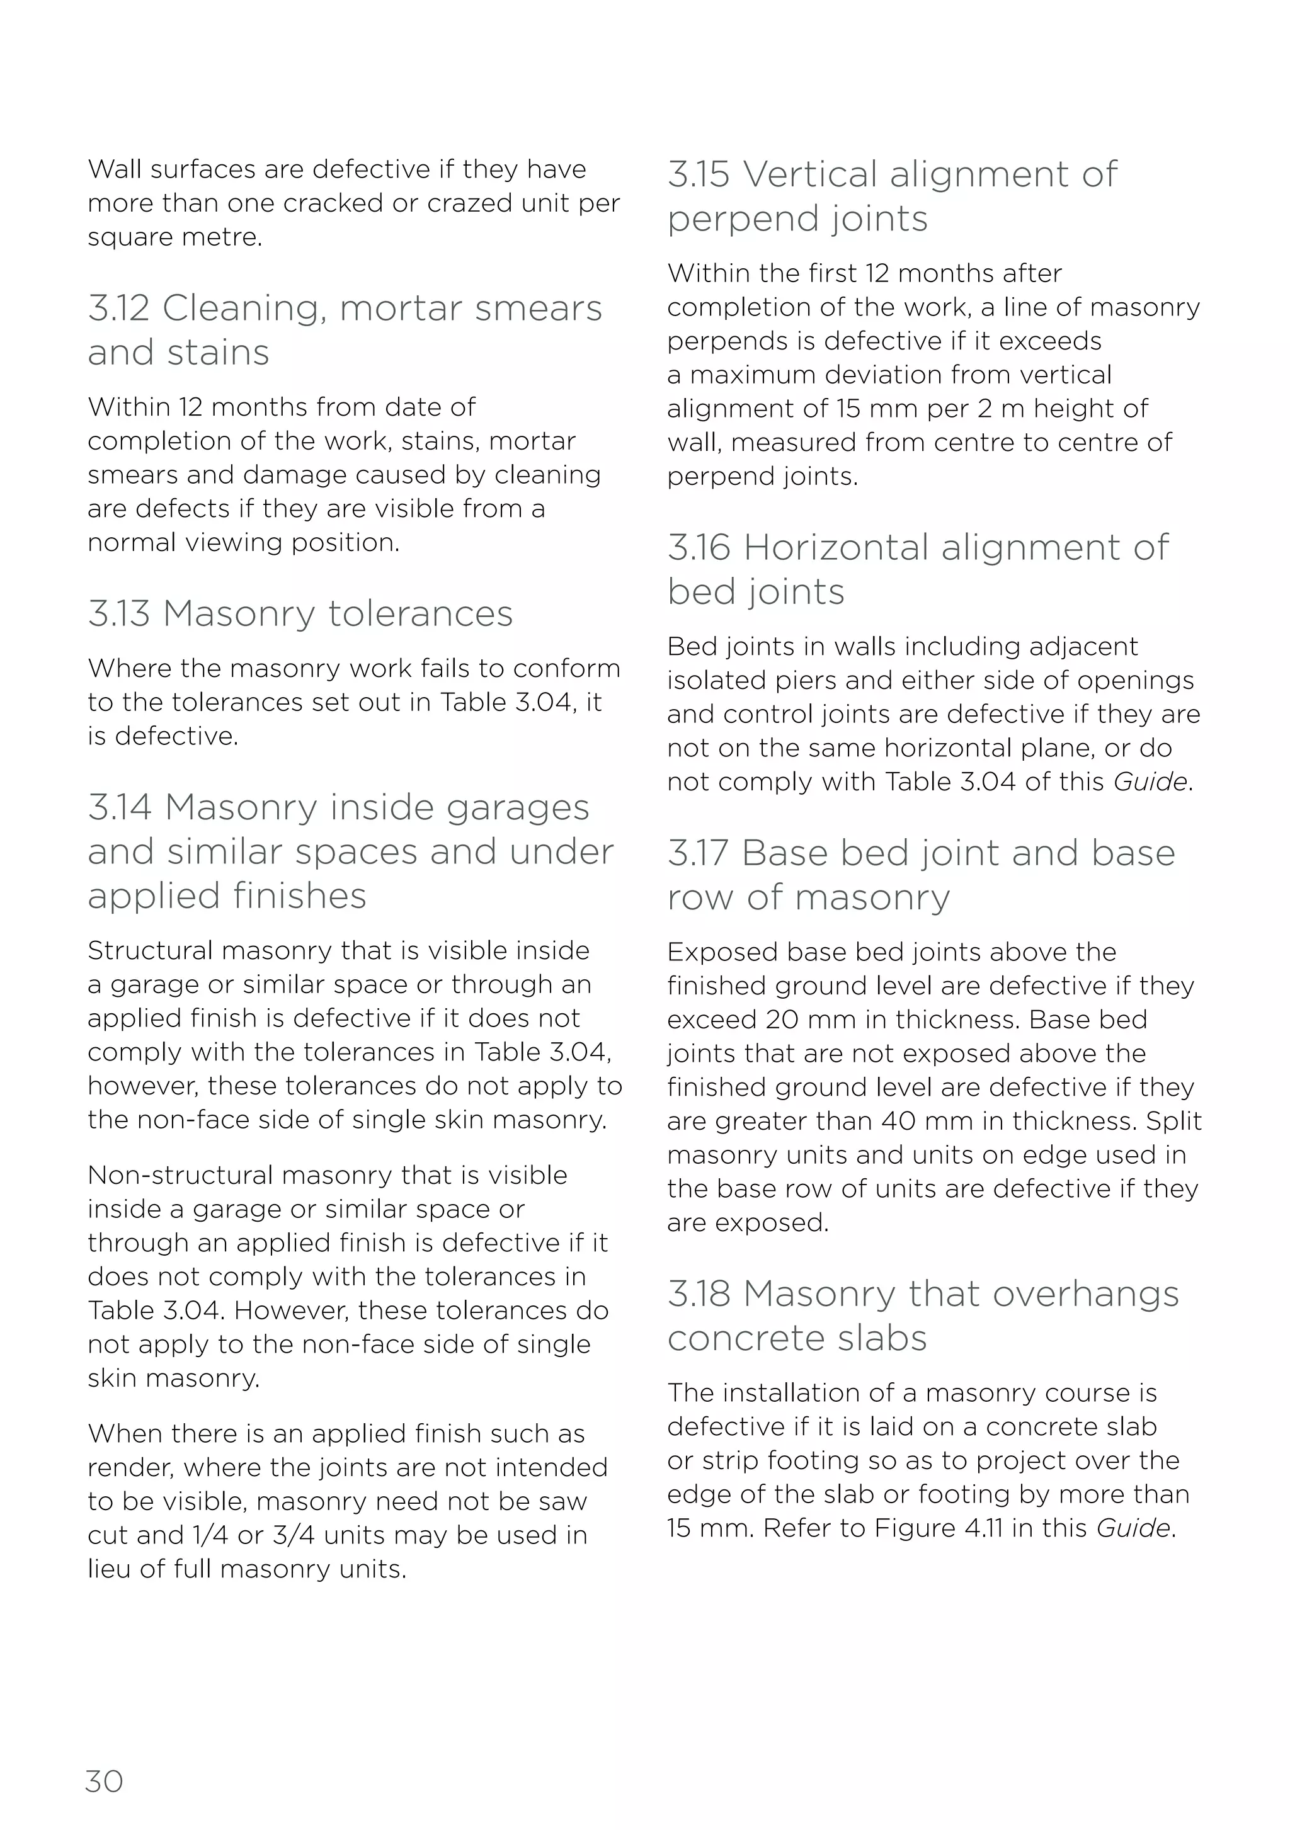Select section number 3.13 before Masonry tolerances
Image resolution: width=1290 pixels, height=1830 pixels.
click(119, 614)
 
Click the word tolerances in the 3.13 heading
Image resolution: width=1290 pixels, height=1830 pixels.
click(420, 614)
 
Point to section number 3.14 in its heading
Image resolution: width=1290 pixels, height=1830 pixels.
click(120, 807)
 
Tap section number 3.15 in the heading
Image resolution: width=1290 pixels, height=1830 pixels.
click(699, 174)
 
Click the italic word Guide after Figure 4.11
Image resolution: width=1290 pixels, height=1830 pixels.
click(1132, 1528)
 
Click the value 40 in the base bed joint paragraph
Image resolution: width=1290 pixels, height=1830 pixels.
click(899, 1122)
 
